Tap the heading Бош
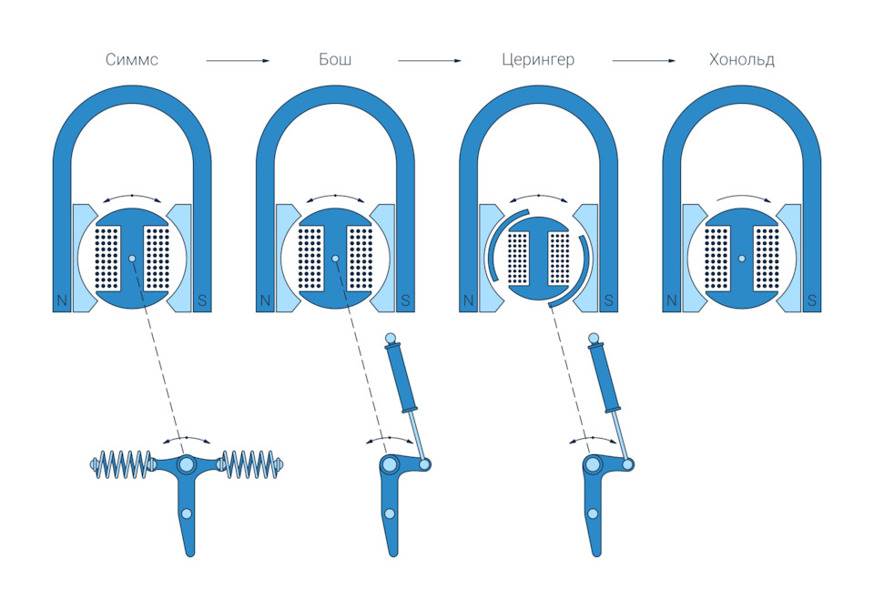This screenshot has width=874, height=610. pos(336,61)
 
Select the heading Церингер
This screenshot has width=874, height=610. pos(538,61)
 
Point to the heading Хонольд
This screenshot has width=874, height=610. pos(742,61)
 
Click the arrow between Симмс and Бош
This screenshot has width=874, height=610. pos(238,61)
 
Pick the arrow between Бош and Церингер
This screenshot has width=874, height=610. pos(430,61)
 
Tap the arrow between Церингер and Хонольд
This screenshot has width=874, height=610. pos(644,61)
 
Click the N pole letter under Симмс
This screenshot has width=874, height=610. pos(62,300)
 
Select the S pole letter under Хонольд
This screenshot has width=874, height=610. pos(811,300)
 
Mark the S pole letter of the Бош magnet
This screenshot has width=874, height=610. pos(405,300)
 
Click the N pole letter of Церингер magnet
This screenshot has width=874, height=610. pos(469,300)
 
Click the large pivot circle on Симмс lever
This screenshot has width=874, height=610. pos(188,465)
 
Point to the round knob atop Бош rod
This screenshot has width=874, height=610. pos(391,340)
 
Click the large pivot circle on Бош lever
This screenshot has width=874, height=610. pos(390,465)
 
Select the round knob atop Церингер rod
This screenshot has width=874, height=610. pos(595,340)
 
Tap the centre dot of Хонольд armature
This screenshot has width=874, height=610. pos(742,259)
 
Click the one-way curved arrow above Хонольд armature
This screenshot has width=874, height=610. pos(742,198)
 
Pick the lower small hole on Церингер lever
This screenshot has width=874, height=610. pos(594,513)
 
